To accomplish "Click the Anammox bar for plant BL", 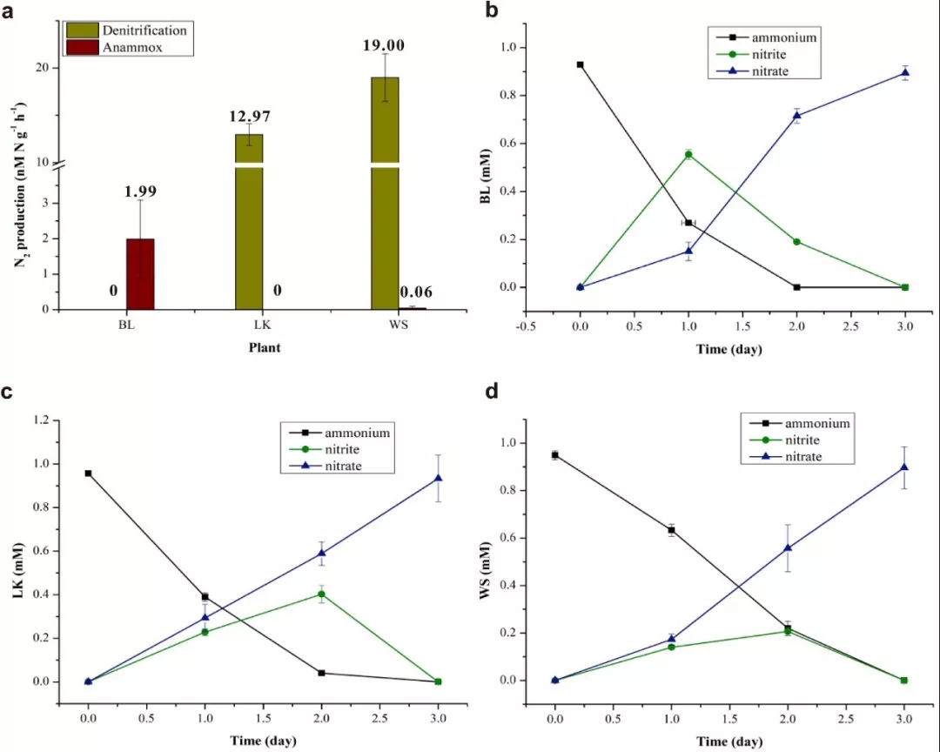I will point(141,273).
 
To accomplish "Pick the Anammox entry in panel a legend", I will point(112,49).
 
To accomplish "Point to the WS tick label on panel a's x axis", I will point(385,324).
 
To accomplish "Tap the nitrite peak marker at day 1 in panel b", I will point(688,155).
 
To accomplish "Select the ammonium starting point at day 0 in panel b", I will point(581,64).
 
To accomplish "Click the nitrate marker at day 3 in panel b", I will point(905,73).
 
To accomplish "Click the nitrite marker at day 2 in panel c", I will point(322,594).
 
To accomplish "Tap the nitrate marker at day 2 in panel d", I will point(788,548).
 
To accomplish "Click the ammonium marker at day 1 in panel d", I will point(671,530).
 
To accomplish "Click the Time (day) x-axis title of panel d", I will point(728,741).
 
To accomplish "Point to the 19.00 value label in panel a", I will point(385,45).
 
